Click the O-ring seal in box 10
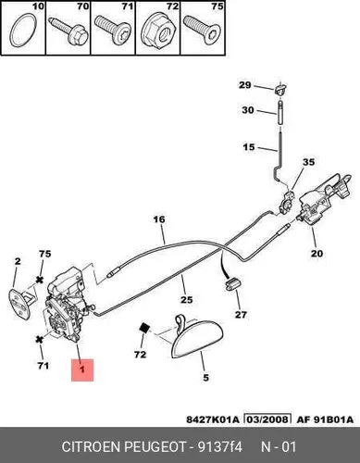12,31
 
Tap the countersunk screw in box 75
202,30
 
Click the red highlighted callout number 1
82,369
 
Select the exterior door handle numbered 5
195,337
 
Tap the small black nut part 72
144,328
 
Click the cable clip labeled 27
232,283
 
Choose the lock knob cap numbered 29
280,89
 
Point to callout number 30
248,110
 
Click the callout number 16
159,219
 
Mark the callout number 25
187,299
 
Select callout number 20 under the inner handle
317,254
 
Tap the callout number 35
308,162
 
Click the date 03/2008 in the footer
267,419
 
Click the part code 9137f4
220,447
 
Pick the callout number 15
249,147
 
